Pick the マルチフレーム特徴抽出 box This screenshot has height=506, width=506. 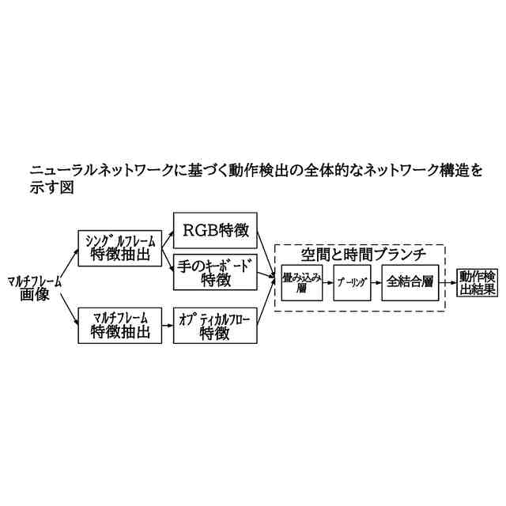[119, 323]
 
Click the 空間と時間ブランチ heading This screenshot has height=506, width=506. [364, 254]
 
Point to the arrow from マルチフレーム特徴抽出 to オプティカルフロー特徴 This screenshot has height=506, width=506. [166, 323]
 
